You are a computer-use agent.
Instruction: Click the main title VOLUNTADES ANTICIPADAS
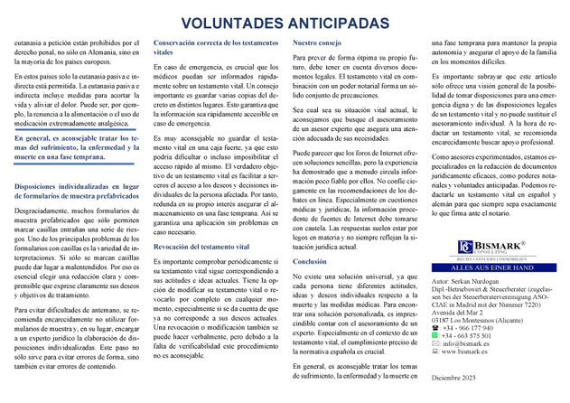coord(285,22)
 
